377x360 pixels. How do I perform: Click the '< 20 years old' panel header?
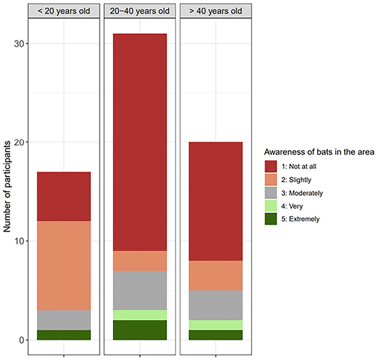point(64,11)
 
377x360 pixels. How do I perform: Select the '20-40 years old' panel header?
point(140,11)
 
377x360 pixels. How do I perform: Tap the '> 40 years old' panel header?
point(216,11)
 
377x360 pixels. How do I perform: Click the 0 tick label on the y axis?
point(21,340)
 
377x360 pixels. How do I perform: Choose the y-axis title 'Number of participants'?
point(7,187)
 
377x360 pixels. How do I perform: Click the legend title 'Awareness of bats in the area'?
point(319,152)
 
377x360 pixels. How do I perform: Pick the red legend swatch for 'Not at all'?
point(271,166)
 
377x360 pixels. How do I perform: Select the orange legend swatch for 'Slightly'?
point(271,179)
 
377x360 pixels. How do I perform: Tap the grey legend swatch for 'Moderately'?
point(271,193)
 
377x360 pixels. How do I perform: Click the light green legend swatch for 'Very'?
point(271,206)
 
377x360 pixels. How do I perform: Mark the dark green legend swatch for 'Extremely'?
point(271,219)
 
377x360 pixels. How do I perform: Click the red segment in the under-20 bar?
point(64,197)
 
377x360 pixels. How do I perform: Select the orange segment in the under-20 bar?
point(64,266)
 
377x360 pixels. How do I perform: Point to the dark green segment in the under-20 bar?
point(64,335)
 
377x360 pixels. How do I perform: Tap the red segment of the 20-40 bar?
point(140,142)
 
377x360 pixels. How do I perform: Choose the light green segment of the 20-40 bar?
point(140,315)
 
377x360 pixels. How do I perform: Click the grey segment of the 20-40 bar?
point(140,290)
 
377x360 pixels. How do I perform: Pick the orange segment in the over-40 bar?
point(216,276)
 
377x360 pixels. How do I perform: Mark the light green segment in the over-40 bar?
point(216,325)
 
